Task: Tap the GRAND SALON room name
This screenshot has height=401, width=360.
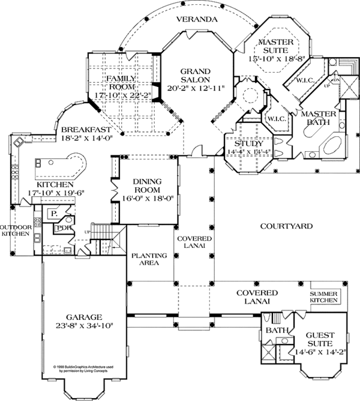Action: pyautogui.click(x=198, y=74)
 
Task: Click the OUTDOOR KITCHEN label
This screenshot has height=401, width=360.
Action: pyautogui.click(x=14, y=230)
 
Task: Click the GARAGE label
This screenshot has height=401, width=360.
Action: pyautogui.click(x=83, y=316)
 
